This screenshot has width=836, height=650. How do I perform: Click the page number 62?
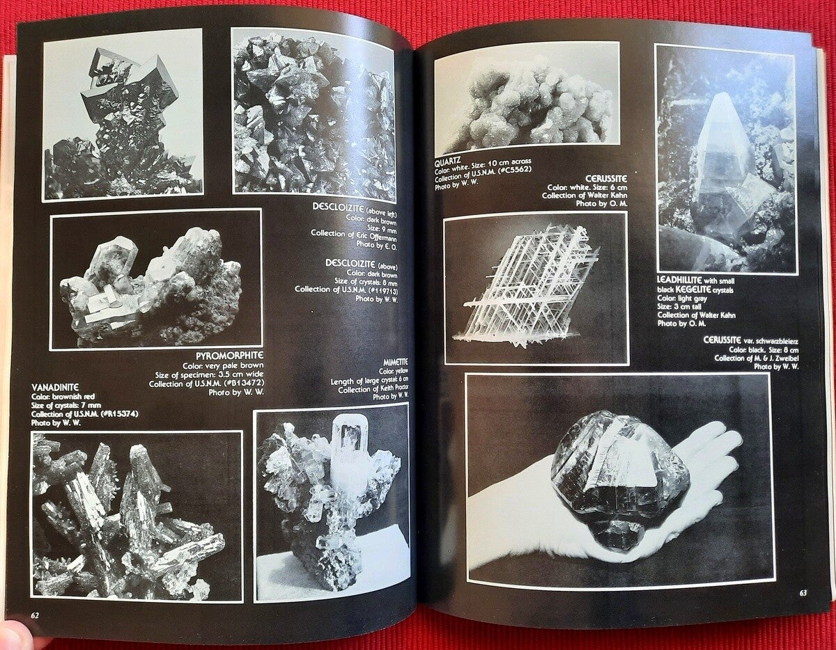point(35,615)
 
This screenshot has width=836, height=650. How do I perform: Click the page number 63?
point(803,603)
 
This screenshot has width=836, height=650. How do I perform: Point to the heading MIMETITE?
point(395,363)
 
